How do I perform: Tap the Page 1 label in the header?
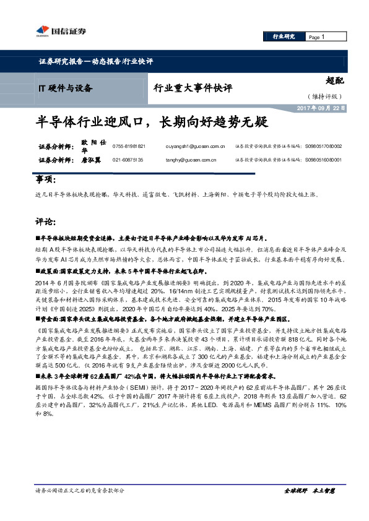317,38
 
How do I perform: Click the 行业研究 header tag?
285,38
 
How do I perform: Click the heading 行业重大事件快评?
193,87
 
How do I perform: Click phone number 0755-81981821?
129,147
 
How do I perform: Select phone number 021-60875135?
128,160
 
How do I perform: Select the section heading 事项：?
45,179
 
